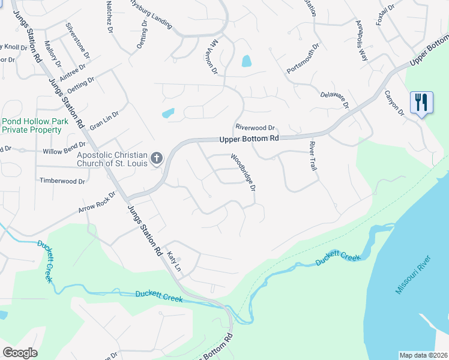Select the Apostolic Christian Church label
coord(112,159)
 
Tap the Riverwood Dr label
coord(255,128)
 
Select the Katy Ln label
coord(174,261)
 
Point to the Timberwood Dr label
coord(62,181)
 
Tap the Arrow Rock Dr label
coord(96,202)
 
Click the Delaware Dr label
coord(334,95)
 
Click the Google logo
coord(20,352)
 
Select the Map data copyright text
coord(423,355)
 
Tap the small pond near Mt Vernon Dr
coord(246,61)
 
